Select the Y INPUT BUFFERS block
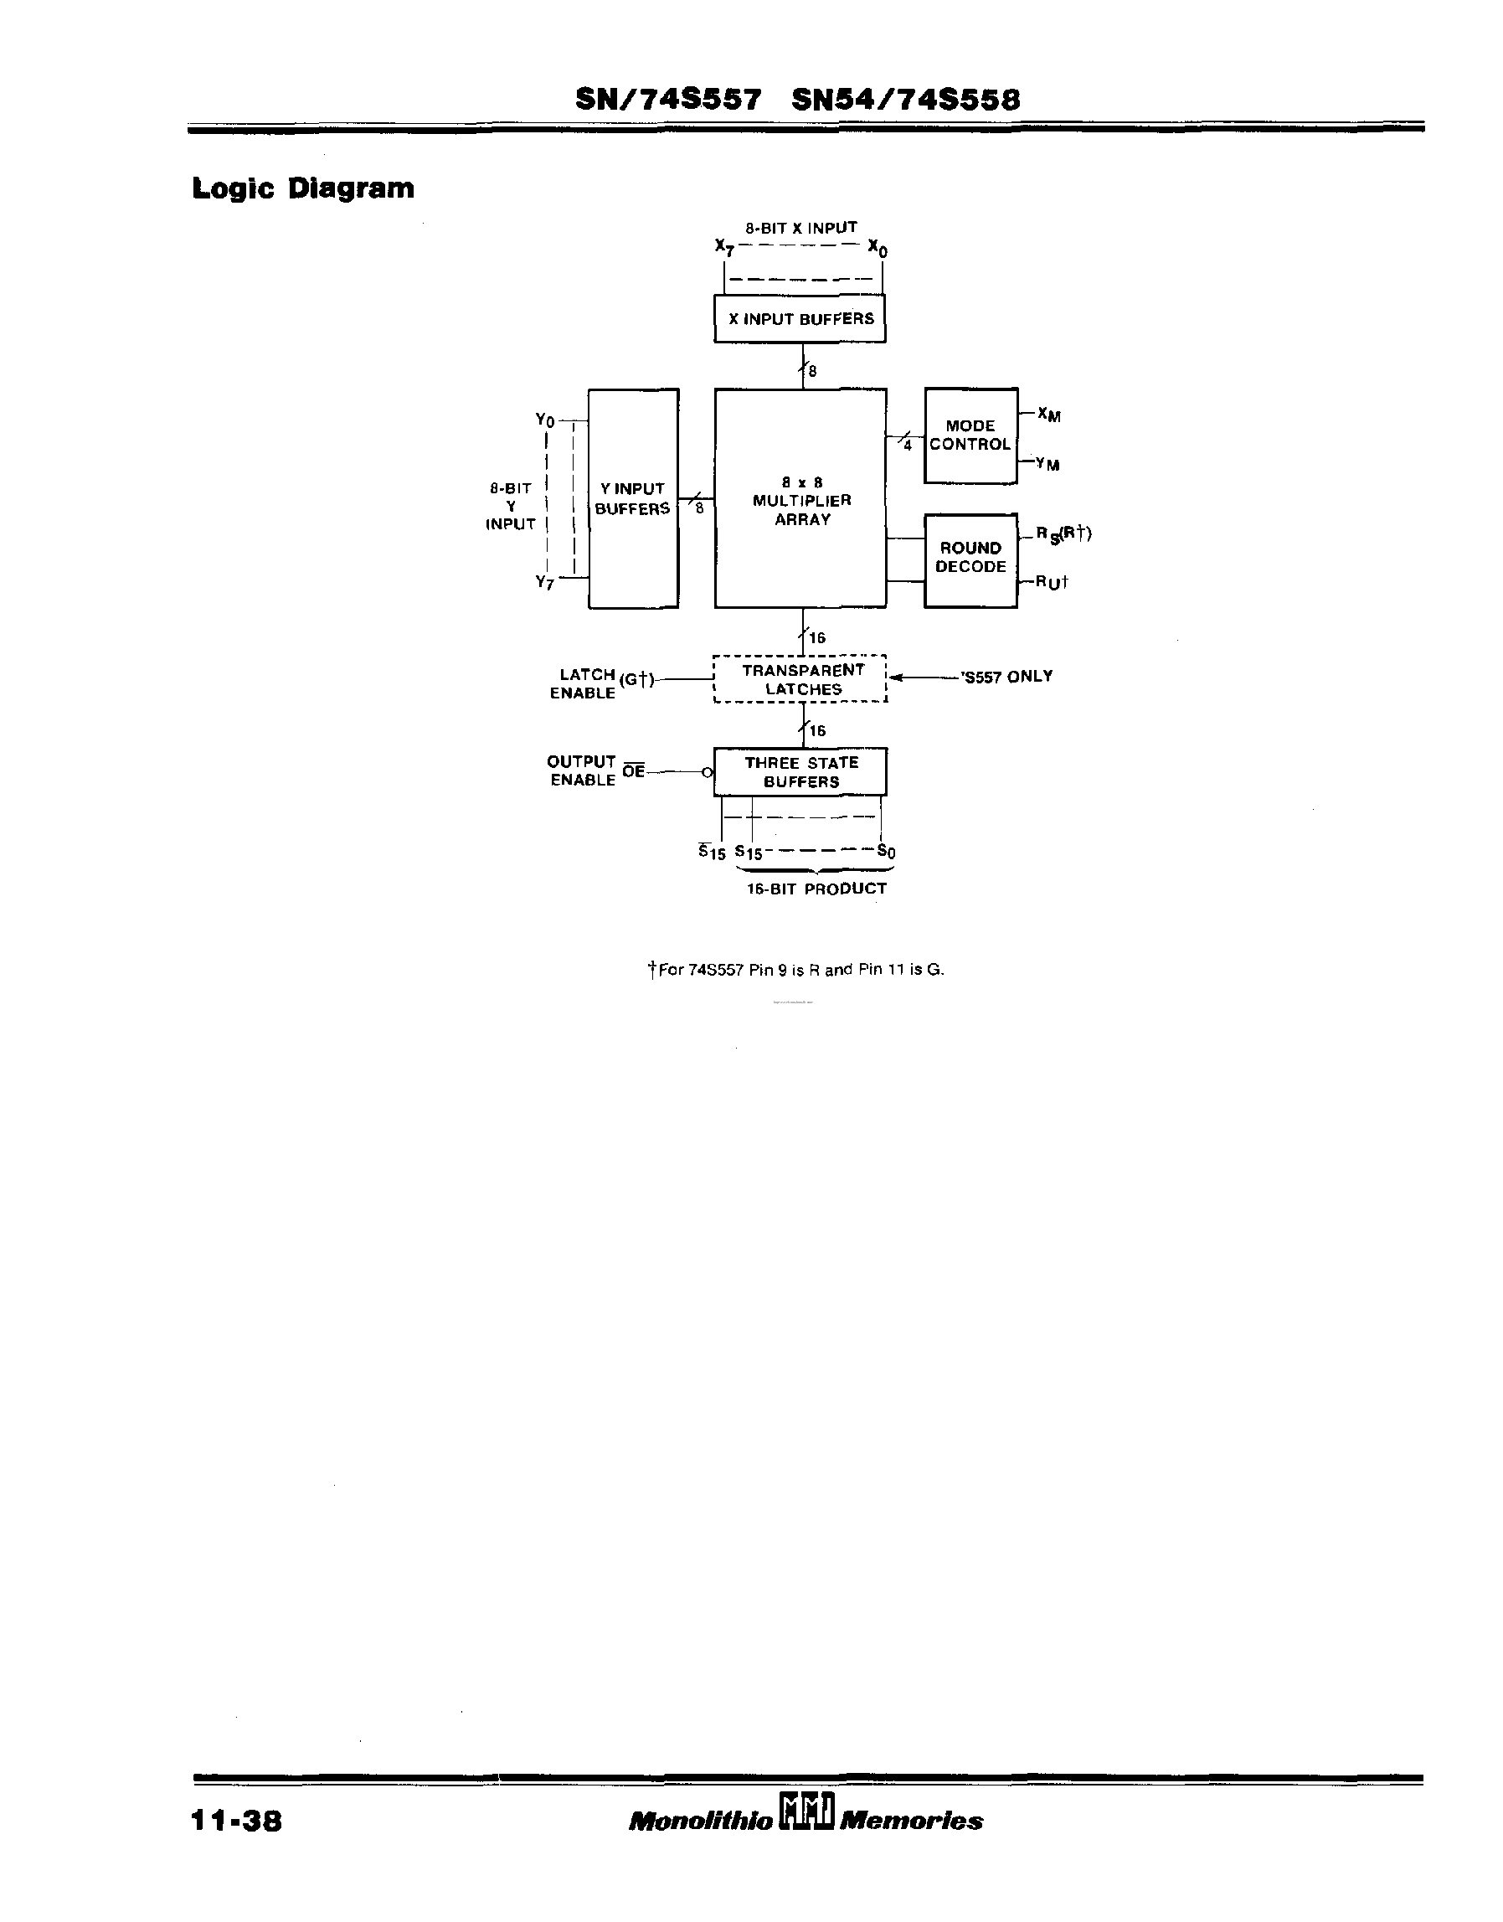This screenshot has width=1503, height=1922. click(633, 498)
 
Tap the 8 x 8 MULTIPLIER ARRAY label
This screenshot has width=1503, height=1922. click(800, 501)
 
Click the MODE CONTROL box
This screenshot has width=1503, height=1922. click(970, 435)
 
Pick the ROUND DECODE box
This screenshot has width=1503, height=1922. click(970, 559)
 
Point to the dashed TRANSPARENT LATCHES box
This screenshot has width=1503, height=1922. click(800, 679)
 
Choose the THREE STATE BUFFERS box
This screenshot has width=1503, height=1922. click(800, 772)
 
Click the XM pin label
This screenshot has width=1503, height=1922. click(1049, 415)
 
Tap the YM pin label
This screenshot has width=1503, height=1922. click(1047, 463)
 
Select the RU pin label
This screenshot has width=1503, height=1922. click(1051, 582)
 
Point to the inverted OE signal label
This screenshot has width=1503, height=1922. click(633, 771)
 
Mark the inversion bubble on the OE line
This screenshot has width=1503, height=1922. click(708, 773)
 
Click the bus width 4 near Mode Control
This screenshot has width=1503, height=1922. click(908, 446)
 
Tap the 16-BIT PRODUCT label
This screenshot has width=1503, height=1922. click(816, 889)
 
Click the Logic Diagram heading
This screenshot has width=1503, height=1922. click(303, 188)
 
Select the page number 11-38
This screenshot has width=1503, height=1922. click(236, 1820)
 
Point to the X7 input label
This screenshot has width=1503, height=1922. click(724, 247)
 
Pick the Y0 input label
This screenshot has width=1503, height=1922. click(545, 420)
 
